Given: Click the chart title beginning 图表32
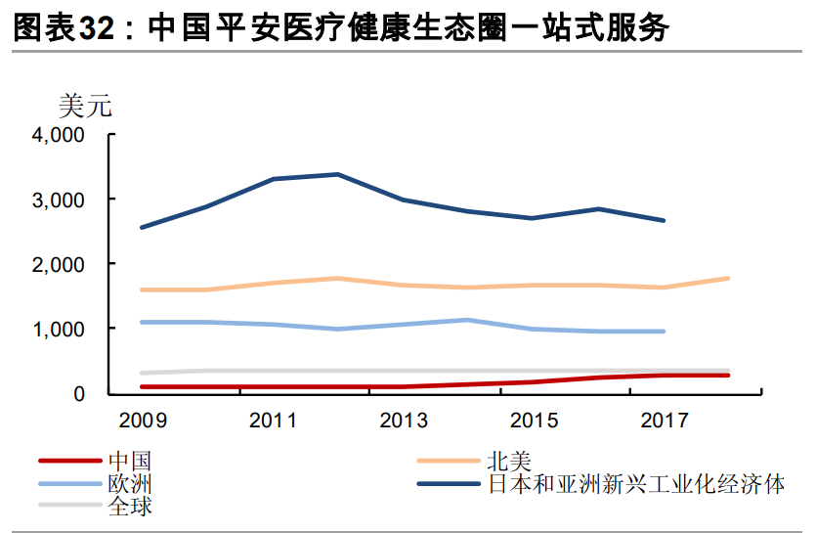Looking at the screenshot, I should (341, 28).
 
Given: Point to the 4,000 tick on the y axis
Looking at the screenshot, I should (60, 135).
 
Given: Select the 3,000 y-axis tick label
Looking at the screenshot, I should (60, 200).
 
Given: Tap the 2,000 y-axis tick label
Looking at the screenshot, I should (60, 264).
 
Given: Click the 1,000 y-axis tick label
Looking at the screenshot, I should (60, 330).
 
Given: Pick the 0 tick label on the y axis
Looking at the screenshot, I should (82, 394).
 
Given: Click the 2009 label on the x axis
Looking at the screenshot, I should (142, 421).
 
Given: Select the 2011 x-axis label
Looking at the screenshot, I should (273, 421).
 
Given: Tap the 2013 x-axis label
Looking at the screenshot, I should (404, 421).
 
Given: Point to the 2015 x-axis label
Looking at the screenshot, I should (534, 421).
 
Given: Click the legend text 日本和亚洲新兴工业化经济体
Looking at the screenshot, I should (635, 484).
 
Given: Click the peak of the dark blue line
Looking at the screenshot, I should (338, 174).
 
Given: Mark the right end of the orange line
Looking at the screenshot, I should (728, 279).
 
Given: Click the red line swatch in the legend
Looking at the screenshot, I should (70, 461).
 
